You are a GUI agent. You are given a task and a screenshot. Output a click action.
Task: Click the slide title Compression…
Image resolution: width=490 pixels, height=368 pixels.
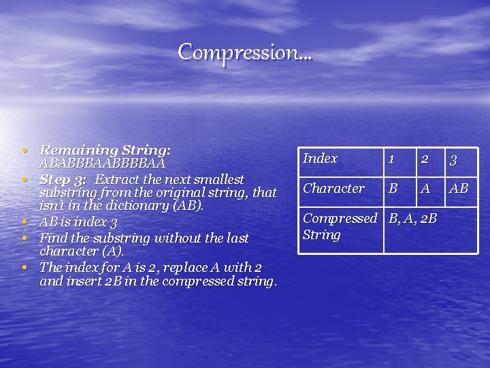point(245,51)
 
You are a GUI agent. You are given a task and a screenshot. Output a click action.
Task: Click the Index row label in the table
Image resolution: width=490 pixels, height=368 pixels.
point(320,159)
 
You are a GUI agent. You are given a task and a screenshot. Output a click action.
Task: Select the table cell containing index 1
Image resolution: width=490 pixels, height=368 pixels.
point(392,159)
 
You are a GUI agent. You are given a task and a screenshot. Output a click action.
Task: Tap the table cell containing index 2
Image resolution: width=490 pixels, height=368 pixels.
point(424,159)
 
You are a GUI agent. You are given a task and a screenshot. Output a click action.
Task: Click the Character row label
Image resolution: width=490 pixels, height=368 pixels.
point(333,188)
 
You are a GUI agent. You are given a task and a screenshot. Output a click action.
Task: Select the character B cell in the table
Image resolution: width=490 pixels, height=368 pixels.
point(393,189)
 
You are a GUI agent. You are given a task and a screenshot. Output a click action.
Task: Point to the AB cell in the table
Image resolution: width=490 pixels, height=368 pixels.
point(459,189)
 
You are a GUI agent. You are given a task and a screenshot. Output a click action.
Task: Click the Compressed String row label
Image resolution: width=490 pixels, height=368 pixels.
point(339,226)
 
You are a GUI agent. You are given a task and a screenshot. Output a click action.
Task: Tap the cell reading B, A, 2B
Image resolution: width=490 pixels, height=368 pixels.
point(412,219)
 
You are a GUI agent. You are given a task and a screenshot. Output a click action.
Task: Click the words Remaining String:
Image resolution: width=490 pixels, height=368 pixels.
point(105,149)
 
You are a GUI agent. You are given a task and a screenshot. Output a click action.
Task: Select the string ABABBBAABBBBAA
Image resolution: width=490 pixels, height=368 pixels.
point(103,164)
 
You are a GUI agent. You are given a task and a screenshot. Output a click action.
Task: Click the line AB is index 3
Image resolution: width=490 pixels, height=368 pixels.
point(78,222)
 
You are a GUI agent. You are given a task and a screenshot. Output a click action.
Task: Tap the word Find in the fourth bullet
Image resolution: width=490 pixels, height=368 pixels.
point(52,239)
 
